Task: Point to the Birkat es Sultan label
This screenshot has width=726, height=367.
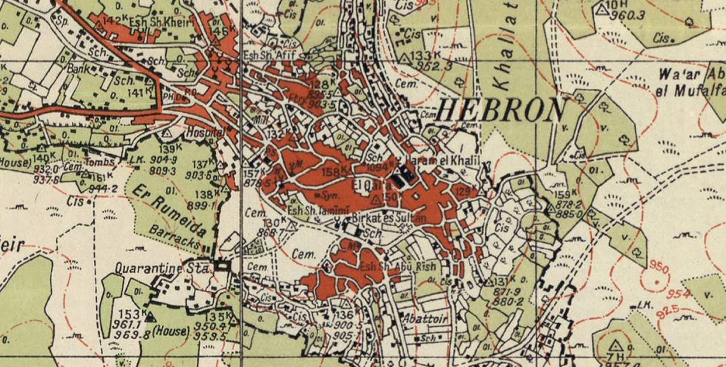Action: coord(389,219)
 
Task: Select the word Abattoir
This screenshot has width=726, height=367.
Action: coord(425,318)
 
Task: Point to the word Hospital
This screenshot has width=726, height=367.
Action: coord(205,132)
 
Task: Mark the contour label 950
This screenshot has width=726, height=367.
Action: coord(657,266)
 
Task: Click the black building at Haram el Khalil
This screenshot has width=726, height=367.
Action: coord(403,176)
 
